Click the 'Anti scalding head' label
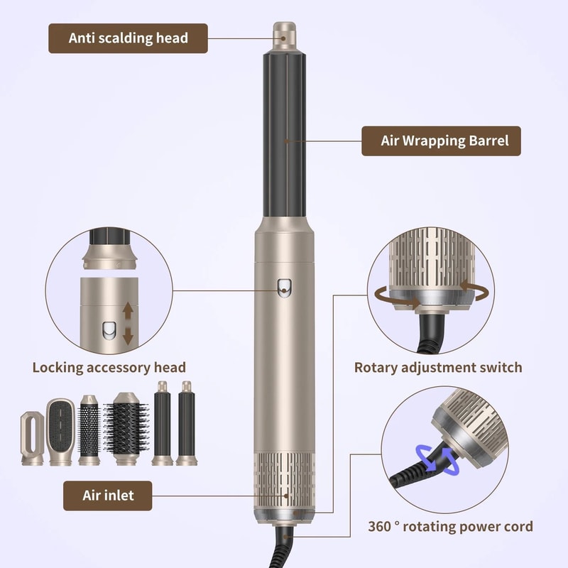point(128,38)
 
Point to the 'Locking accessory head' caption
point(109,367)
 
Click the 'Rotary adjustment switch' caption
point(438,367)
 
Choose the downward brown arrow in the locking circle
point(128,336)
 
